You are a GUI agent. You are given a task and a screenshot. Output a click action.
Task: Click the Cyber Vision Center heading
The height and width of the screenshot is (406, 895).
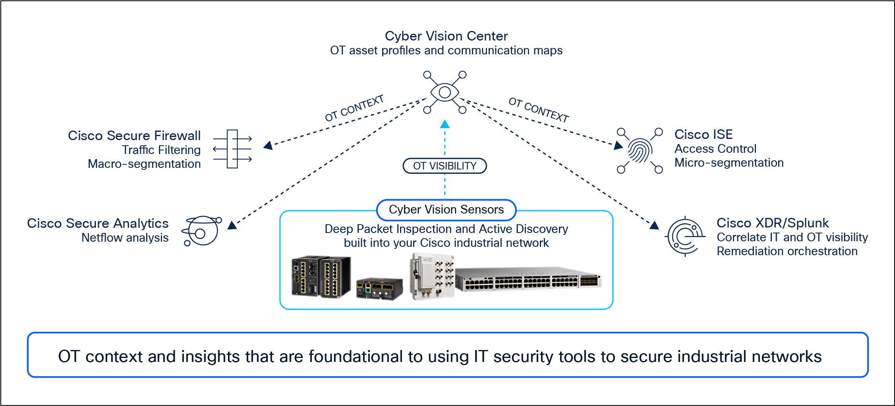[446, 36]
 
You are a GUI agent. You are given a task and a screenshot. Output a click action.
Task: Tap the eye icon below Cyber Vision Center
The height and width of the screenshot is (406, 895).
[445, 92]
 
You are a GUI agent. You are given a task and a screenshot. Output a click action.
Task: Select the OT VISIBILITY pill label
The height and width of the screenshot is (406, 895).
[445, 166]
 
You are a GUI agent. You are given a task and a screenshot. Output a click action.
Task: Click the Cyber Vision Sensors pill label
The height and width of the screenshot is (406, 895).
[446, 210]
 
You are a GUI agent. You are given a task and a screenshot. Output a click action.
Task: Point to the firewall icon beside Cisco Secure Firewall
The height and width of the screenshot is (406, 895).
[233, 149]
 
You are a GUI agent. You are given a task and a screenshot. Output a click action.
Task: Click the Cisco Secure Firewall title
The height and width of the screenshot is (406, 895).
[134, 136]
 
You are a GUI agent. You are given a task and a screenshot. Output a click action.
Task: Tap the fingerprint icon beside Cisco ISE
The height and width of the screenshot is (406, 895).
[640, 150]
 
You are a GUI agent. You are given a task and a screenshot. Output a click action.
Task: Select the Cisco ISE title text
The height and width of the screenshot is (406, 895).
[703, 135]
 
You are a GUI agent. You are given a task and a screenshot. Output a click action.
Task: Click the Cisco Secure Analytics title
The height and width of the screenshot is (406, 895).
[98, 223]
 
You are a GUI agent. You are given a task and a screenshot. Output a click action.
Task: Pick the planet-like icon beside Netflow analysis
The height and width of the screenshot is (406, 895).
[202, 231]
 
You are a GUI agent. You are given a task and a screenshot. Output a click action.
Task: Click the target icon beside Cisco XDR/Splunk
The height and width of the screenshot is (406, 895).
[685, 237]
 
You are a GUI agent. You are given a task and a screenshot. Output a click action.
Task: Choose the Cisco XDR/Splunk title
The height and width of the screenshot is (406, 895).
[772, 223]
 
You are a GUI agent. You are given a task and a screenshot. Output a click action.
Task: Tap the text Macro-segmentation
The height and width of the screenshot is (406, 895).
[144, 164]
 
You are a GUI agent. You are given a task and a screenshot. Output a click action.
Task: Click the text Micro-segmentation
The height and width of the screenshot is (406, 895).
[729, 163]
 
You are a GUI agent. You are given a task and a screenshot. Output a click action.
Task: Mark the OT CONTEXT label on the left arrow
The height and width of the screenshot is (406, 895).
[354, 108]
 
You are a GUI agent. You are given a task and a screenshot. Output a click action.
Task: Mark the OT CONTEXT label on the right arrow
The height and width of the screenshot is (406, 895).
[538, 110]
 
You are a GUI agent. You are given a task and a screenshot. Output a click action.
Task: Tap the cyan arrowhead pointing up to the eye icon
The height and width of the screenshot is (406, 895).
[445, 124]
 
